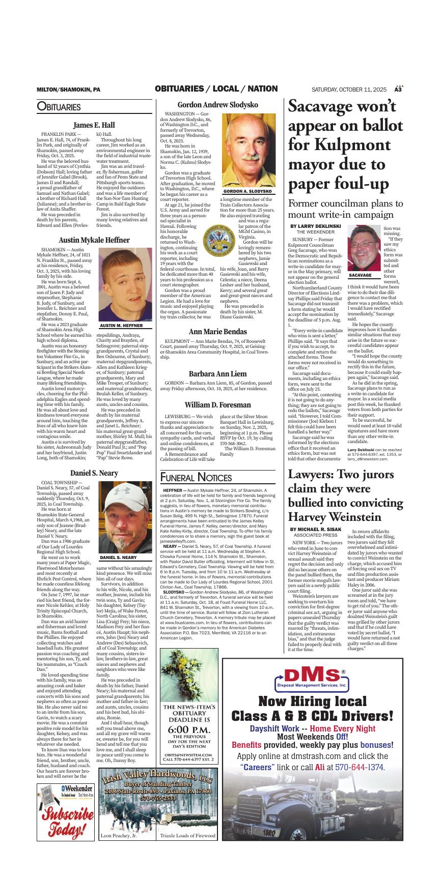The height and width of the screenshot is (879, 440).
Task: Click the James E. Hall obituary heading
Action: pyautogui.click(x=94, y=125)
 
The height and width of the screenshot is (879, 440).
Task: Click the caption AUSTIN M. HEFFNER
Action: pyautogui.click(x=121, y=326)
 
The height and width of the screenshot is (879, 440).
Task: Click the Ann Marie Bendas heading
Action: pyautogui.click(x=217, y=332)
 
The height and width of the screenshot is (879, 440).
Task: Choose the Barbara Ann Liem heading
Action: pyautogui.click(x=217, y=374)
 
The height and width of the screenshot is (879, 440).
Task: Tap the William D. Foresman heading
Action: pyautogui.click(x=217, y=405)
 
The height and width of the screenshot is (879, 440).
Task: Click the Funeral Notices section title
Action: pyautogui.click(x=196, y=477)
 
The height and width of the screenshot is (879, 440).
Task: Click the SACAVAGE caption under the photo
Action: pyautogui.click(x=360, y=275)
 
